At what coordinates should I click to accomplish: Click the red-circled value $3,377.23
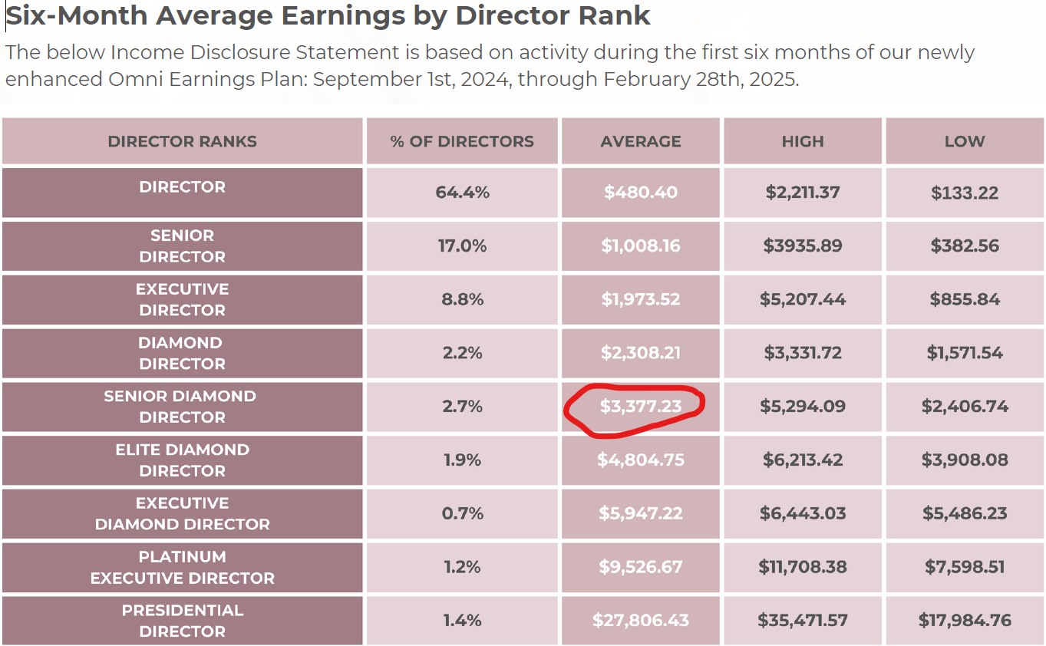click(641, 407)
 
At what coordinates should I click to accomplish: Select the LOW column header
click(965, 141)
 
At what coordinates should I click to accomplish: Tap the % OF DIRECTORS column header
click(462, 141)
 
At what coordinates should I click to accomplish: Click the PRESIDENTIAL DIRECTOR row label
click(183, 621)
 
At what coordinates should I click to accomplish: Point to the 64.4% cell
click(462, 193)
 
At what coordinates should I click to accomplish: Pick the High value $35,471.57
click(803, 621)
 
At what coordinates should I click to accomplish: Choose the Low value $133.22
click(965, 193)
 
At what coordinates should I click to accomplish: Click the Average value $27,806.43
click(641, 621)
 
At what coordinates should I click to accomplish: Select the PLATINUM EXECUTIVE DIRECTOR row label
click(183, 567)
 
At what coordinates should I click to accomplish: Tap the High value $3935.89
click(803, 246)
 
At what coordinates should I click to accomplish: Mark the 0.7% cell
click(462, 513)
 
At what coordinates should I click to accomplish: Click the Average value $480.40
click(641, 193)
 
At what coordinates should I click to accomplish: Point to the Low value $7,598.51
click(965, 567)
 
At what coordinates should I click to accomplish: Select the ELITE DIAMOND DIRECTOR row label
click(183, 460)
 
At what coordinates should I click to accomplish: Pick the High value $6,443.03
click(803, 513)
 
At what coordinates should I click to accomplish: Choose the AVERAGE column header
click(641, 141)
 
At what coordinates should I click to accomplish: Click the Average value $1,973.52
click(641, 299)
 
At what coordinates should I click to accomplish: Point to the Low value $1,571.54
click(965, 353)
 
